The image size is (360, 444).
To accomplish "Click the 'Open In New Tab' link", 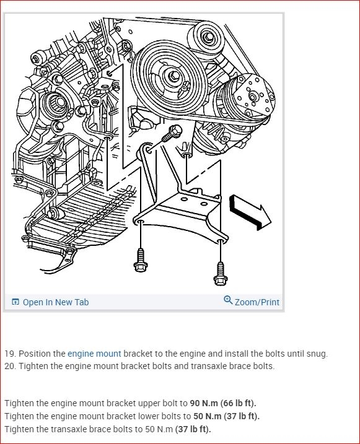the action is coord(56,302).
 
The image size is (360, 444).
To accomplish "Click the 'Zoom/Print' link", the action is coord(257,302).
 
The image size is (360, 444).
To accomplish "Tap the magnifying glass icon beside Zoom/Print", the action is coord(228,300).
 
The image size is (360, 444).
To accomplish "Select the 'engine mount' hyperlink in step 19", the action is coord(94,354).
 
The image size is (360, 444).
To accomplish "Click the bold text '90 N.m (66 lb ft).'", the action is coord(223,403).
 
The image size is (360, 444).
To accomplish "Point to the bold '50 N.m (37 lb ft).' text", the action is coord(227,416).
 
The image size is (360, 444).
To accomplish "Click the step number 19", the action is coord(10,354).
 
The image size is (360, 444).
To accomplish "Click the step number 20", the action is coord(11,366).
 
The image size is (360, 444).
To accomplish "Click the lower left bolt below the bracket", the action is coord(140,260).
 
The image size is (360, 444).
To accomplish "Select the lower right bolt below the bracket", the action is coord(220,274).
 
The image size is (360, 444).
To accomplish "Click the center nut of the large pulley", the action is coord(173,76).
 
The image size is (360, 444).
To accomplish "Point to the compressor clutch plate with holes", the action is coord(254,96).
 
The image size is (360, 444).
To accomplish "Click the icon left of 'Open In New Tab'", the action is coord(15,302).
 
